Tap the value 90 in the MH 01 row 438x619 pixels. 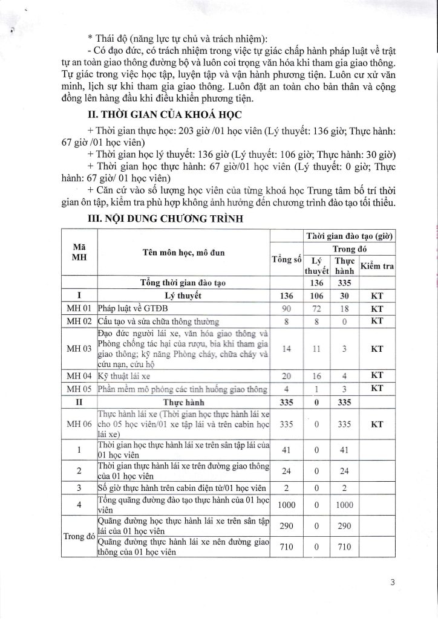pos(287,309)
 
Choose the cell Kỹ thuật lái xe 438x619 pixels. pos(123,375)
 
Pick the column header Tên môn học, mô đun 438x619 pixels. pos(184,252)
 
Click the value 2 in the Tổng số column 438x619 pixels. pos(287,487)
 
